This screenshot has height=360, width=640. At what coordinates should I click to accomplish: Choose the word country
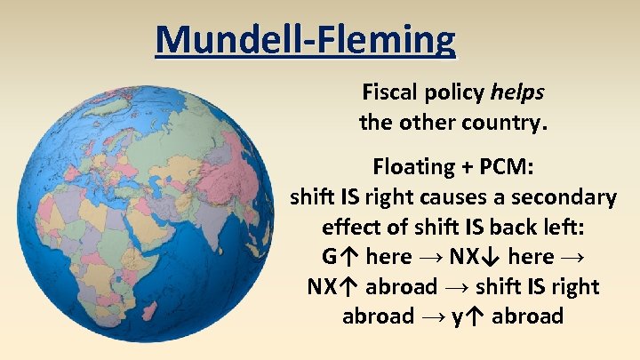[506, 122]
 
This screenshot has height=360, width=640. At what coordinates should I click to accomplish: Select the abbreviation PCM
[502, 167]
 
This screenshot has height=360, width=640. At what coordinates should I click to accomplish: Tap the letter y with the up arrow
[468, 317]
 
